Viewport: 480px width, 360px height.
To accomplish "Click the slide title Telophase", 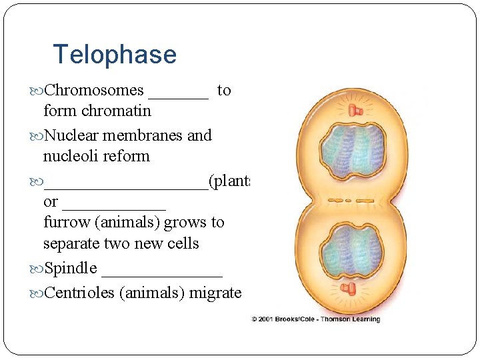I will [115, 55].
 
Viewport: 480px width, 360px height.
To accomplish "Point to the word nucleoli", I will [71, 157].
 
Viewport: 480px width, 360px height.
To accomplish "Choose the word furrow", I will [65, 223].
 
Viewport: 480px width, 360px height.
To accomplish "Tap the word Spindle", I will [70, 269].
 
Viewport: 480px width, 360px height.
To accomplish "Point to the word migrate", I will [215, 293].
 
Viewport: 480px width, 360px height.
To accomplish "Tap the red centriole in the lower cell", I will [347, 288].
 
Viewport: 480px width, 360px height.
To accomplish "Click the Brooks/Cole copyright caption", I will [315, 319].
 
